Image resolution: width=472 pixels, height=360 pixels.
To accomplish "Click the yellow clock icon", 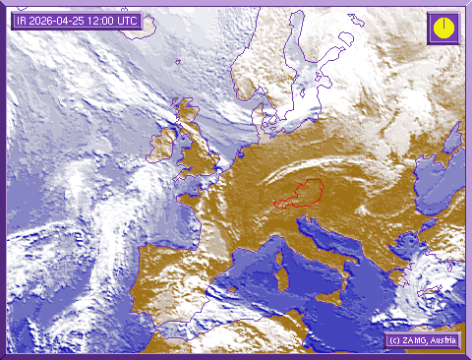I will (x=443, y=27).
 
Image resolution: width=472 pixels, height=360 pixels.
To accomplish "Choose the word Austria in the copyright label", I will (x=441, y=340).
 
